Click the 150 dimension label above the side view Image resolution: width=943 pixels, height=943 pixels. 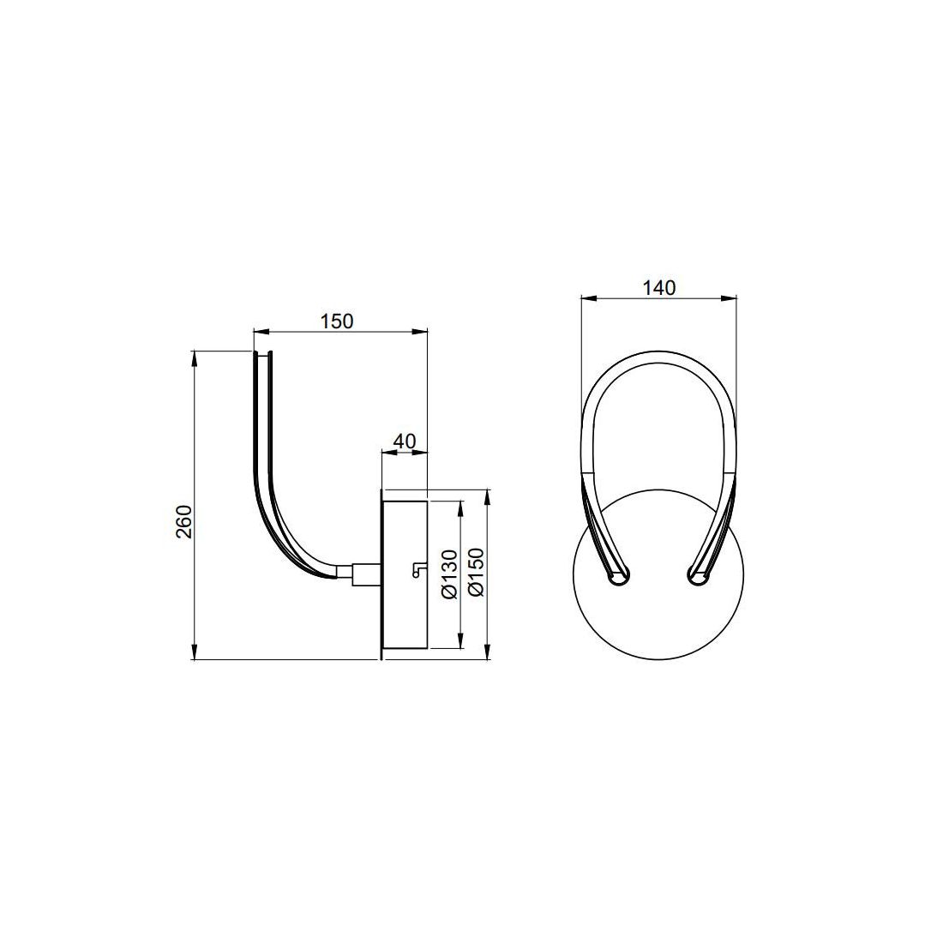click(x=336, y=321)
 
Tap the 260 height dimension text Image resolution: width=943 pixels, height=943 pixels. click(x=183, y=522)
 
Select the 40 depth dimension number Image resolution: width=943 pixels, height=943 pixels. click(x=404, y=441)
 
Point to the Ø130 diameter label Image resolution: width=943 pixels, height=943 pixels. click(x=450, y=574)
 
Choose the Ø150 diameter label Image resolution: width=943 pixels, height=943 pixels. click(x=476, y=572)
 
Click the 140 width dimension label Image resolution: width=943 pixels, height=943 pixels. click(x=659, y=288)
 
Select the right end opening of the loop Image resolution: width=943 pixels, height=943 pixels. click(x=699, y=576)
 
